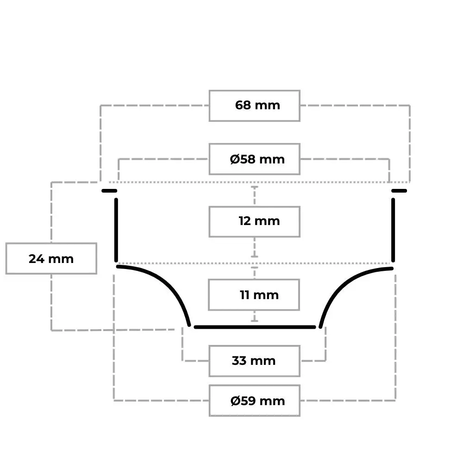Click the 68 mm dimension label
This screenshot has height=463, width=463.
[257, 106]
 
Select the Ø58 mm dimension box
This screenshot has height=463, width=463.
[255, 159]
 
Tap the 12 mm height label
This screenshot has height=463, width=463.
[259, 221]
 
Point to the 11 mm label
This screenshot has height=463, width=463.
[259, 295]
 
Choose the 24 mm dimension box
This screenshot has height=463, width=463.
[51, 259]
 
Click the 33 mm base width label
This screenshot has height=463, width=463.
[254, 361]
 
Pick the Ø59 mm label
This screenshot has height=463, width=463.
[257, 401]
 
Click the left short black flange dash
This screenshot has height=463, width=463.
[109, 191]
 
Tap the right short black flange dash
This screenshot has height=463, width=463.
[399, 191]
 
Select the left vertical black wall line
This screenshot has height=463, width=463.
[116, 230]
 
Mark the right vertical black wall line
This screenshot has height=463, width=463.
[393, 230]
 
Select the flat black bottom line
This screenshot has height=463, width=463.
[255, 327]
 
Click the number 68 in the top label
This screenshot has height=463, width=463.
[243, 106]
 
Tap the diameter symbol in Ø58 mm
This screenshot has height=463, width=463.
[235, 159]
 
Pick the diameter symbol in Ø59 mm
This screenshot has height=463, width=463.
[235, 401]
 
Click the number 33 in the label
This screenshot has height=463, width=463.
[239, 361]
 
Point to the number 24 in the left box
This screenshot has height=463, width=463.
[36, 259]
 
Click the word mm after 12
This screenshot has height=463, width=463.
[267, 221]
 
